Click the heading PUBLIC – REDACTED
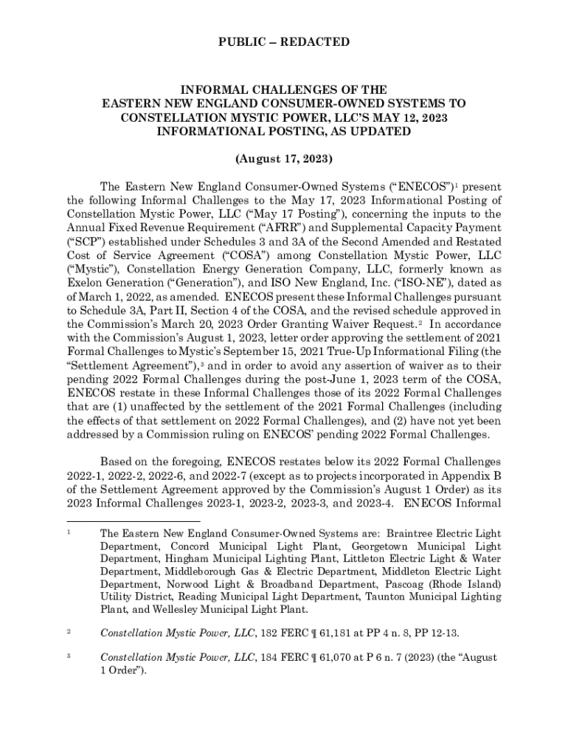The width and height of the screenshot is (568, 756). point(284,42)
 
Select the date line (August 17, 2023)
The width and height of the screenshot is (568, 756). point(284,159)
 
